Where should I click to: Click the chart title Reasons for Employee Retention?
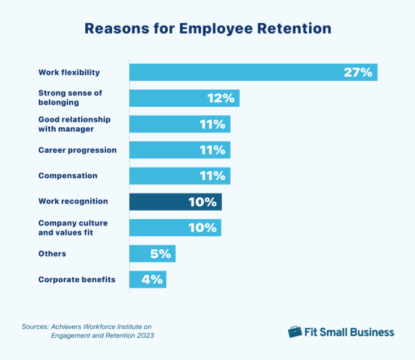coord(208,28)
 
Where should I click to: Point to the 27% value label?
coord(358,72)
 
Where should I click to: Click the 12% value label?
coord(221,98)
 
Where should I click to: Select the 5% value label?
coord(161,254)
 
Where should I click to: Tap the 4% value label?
coord(152,279)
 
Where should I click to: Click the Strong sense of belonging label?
coord(70,98)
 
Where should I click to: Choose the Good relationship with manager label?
coord(74,124)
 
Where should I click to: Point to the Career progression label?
coord(77,150)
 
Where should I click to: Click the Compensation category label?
coord(68,176)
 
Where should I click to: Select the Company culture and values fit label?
coord(73,227)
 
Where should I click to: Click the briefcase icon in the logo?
coord(294,332)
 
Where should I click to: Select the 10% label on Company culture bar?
coord(202,228)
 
